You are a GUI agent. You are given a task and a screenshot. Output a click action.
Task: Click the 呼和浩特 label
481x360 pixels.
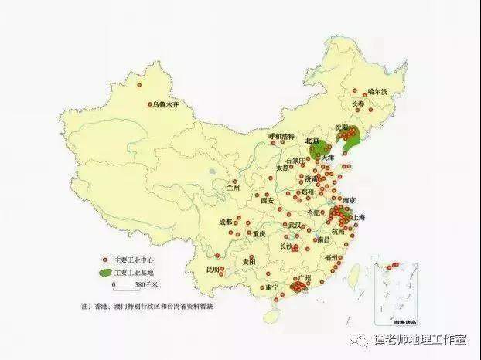pyautogui.click(x=281, y=136)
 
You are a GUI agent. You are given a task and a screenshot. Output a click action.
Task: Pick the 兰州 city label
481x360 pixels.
pyautogui.click(x=234, y=186)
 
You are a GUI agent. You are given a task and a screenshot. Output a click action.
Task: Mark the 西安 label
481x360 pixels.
pyautogui.click(x=267, y=200)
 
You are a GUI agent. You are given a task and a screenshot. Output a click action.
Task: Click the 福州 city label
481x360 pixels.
pyautogui.click(x=332, y=256)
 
